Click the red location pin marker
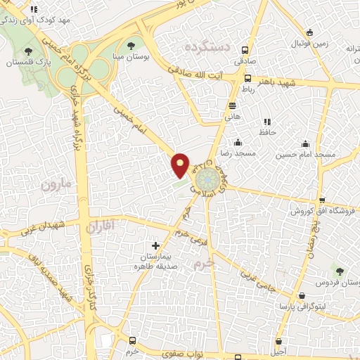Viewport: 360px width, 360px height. [x=181, y=164]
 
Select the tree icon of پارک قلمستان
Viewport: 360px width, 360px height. [x=27, y=51]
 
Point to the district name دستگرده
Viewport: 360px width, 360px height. [x=208, y=47]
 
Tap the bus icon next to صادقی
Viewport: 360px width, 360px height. [x=245, y=51]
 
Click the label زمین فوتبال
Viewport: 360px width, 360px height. [x=310, y=44]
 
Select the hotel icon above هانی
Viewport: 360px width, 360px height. [x=232, y=106]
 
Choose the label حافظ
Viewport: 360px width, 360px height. [x=266, y=131]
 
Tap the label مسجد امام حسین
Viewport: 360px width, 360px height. [x=304, y=153]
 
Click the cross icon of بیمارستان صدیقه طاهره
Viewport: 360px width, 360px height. [x=155, y=246]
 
